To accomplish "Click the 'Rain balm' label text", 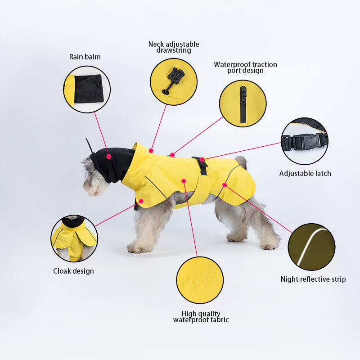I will tap(85, 57).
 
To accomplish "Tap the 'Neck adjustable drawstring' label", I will tap(174, 47).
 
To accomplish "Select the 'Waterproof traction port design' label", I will tap(245, 67).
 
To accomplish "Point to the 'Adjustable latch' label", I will tap(305, 173).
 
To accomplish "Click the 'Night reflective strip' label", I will tap(313, 279).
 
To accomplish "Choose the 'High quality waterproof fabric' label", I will tap(201, 316).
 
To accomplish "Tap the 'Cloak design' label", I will tap(73, 271).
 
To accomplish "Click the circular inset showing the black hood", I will tap(87, 89).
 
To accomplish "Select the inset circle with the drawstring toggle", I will tap(174, 81).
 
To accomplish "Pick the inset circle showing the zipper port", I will tap(243, 103).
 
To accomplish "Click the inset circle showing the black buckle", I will tap(305, 141).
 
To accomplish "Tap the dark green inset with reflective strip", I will tap(311, 247).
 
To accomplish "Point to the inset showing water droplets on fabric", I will tap(200, 280).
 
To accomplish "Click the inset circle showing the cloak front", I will tap(74, 238).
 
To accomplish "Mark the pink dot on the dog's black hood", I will tap(109, 156).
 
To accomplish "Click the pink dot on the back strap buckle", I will tap(202, 159).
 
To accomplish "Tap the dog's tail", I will tap(242, 162).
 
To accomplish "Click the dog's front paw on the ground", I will tap(135, 248).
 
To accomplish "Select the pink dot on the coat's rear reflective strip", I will tap(224, 184).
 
